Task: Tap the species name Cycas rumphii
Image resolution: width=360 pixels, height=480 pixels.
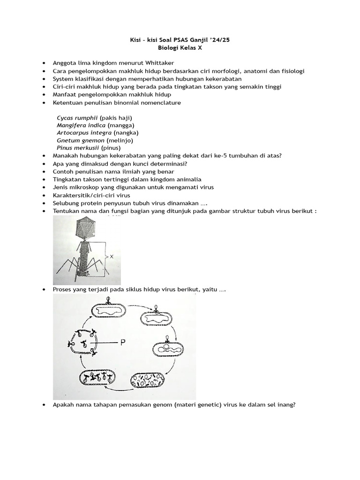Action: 77,117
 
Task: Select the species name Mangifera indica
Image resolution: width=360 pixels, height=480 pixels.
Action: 81,125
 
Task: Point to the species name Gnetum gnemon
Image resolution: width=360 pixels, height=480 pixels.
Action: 81,140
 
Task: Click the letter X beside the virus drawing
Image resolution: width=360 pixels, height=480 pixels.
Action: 112,256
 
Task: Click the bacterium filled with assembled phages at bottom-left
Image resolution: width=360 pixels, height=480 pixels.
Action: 97,378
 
